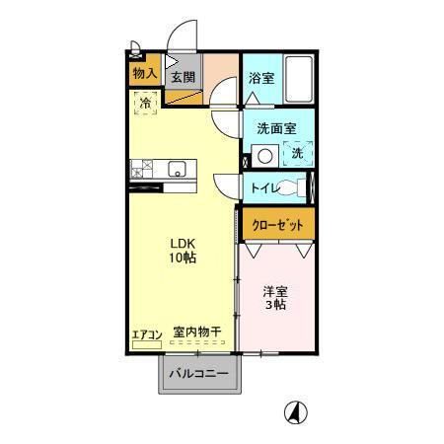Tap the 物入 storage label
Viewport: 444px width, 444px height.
click(144, 73)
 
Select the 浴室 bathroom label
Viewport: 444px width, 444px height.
click(261, 78)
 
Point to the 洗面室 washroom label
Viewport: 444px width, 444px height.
click(276, 128)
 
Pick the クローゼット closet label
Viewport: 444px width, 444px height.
click(279, 225)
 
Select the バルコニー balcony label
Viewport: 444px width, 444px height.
click(197, 374)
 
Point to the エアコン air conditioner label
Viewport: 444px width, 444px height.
click(146, 333)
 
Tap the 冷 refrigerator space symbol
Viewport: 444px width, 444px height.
click(145, 103)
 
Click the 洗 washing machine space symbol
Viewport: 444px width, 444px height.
click(296, 153)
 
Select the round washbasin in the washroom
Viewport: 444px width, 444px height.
click(263, 155)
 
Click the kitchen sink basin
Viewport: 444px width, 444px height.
click(178, 167)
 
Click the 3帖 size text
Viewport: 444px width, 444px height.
click(274, 305)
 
